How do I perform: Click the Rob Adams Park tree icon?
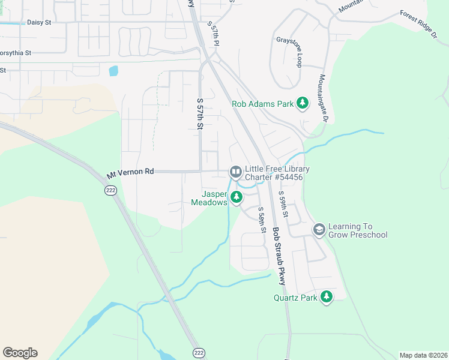click(303, 104)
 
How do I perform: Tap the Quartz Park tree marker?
click(327, 297)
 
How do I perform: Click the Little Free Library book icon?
click(236, 173)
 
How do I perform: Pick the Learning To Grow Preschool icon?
click(319, 230)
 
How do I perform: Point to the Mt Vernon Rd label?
click(130, 173)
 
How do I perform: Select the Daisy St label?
click(40, 22)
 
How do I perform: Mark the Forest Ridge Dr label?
click(418, 23)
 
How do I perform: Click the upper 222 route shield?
click(110, 190)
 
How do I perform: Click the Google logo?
click(20, 353)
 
